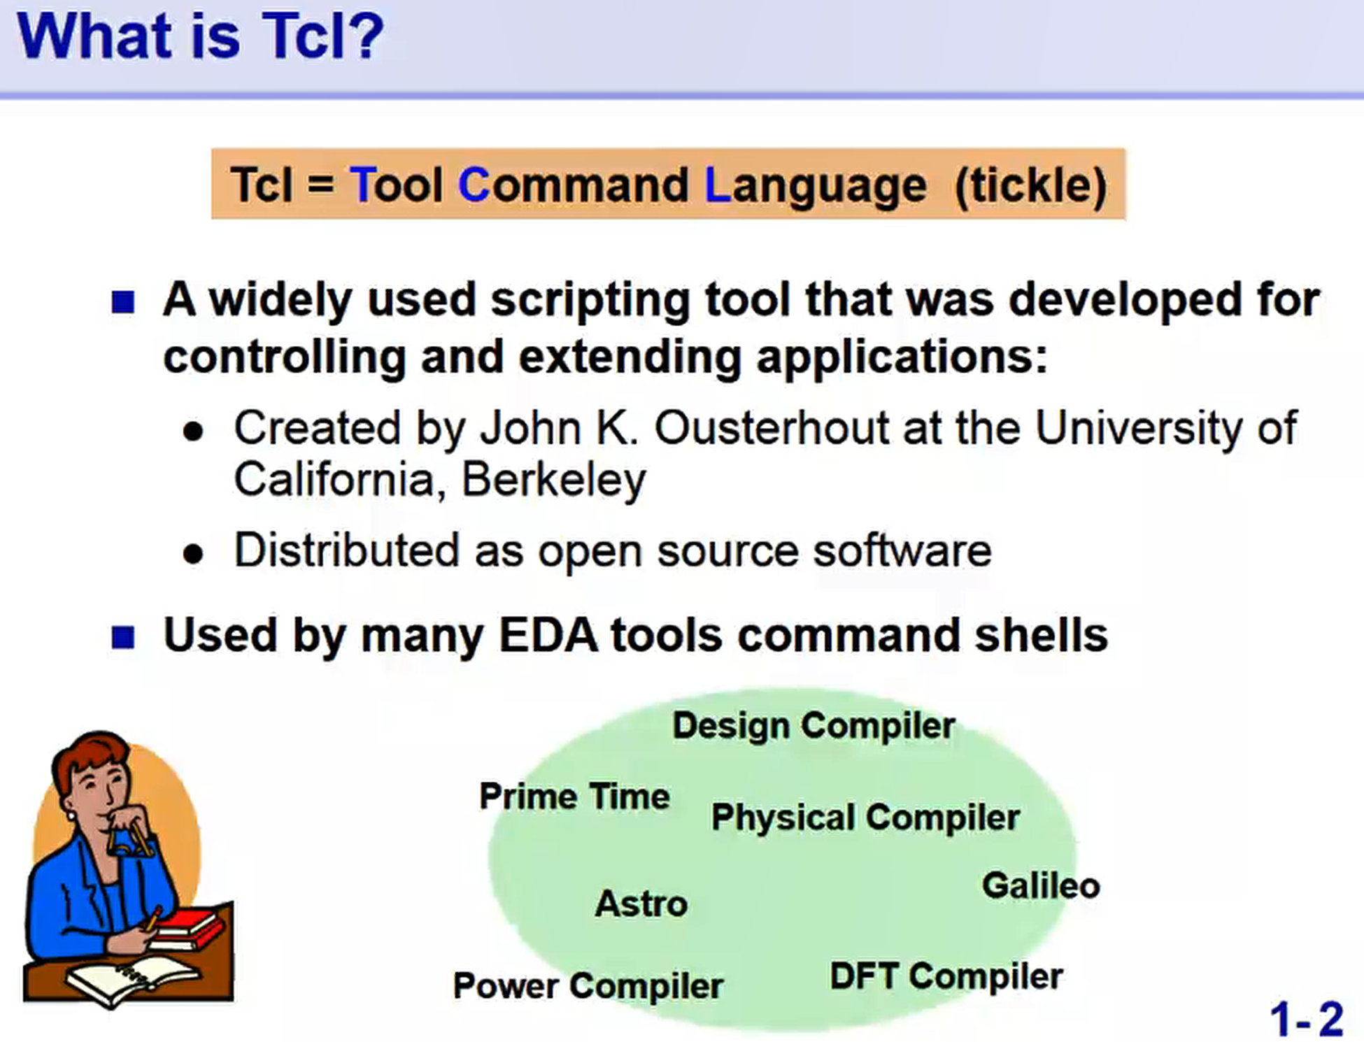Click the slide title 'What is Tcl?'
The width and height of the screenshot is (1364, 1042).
pos(201,36)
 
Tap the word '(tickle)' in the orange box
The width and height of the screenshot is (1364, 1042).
pos(1031,185)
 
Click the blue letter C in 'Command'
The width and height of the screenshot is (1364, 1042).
pos(474,185)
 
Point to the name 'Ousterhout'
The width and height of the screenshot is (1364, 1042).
pos(772,427)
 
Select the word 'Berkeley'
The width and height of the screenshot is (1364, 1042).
pos(553,480)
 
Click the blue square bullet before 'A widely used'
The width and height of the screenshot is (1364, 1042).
pos(123,302)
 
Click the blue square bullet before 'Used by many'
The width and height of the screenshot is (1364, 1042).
pos(123,637)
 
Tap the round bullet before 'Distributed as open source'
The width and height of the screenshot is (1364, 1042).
pos(193,554)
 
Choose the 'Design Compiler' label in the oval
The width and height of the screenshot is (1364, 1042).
pos(814,726)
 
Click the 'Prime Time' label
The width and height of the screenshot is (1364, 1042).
pos(574,797)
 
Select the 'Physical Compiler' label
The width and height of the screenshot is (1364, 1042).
pos(865,818)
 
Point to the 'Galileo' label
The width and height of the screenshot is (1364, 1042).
pos(1041,886)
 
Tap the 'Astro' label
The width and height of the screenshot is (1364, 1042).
pos(641,904)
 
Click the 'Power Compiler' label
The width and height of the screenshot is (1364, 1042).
pos(588,986)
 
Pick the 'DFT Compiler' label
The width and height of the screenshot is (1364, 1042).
pos(946,976)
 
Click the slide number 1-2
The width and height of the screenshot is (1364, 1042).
pos(1306,1019)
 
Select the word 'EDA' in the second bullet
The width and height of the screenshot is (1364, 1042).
pos(548,636)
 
